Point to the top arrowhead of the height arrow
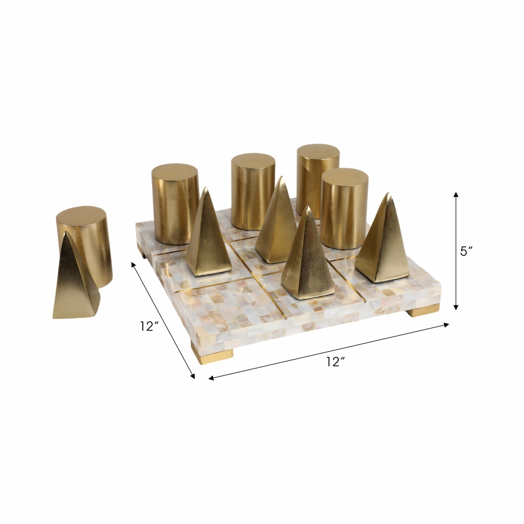point(456,195)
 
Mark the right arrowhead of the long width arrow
point(447,325)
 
